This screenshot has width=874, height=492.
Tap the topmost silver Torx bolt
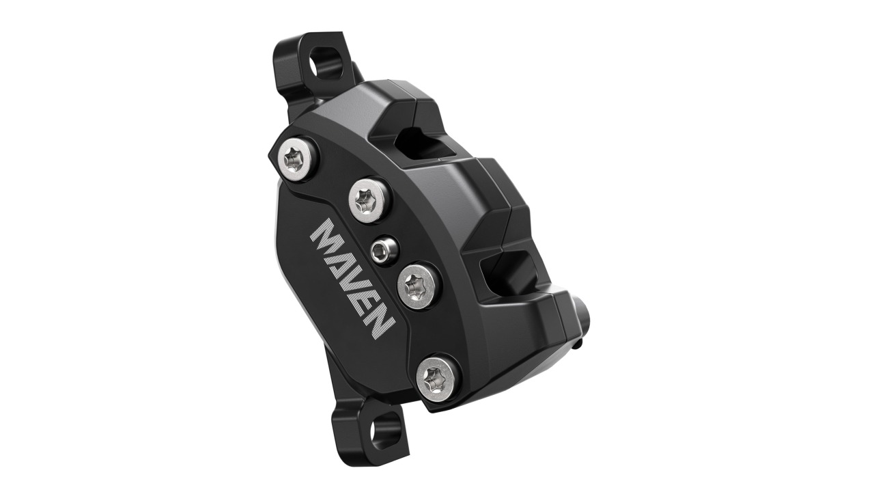pos(298,156)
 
